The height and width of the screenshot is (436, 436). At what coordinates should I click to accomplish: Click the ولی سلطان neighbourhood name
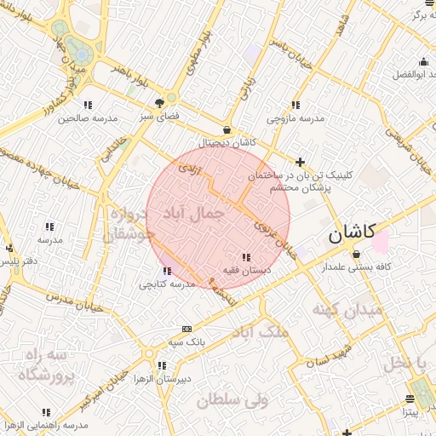coord(232,398)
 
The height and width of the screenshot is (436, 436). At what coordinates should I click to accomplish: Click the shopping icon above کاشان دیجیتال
coord(227,129)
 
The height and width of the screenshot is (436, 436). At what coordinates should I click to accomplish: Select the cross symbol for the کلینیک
coord(300,161)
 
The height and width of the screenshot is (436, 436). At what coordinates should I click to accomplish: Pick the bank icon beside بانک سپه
coord(186,329)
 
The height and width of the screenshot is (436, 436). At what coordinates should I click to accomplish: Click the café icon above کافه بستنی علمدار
coord(355,254)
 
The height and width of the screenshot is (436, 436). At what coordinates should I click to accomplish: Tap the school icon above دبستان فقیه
coord(246,257)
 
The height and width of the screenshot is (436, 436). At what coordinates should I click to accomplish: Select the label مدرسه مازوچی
coord(295,118)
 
